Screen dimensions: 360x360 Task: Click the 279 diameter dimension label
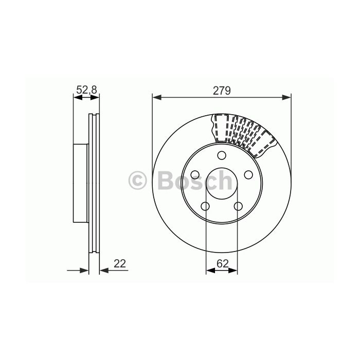coord(222,91)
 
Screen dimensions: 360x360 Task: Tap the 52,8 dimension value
coord(87,89)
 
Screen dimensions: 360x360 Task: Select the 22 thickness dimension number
coord(120,263)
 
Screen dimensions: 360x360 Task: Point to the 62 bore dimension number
coord(223,263)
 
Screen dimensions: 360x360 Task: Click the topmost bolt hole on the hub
coord(222,155)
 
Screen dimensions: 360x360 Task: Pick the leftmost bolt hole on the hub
coord(195,175)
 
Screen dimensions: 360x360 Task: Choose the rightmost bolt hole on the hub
coord(248,175)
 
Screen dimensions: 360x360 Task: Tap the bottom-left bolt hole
coord(205,206)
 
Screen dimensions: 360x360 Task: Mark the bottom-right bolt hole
coord(238,206)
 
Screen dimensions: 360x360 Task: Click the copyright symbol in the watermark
coord(137,181)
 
